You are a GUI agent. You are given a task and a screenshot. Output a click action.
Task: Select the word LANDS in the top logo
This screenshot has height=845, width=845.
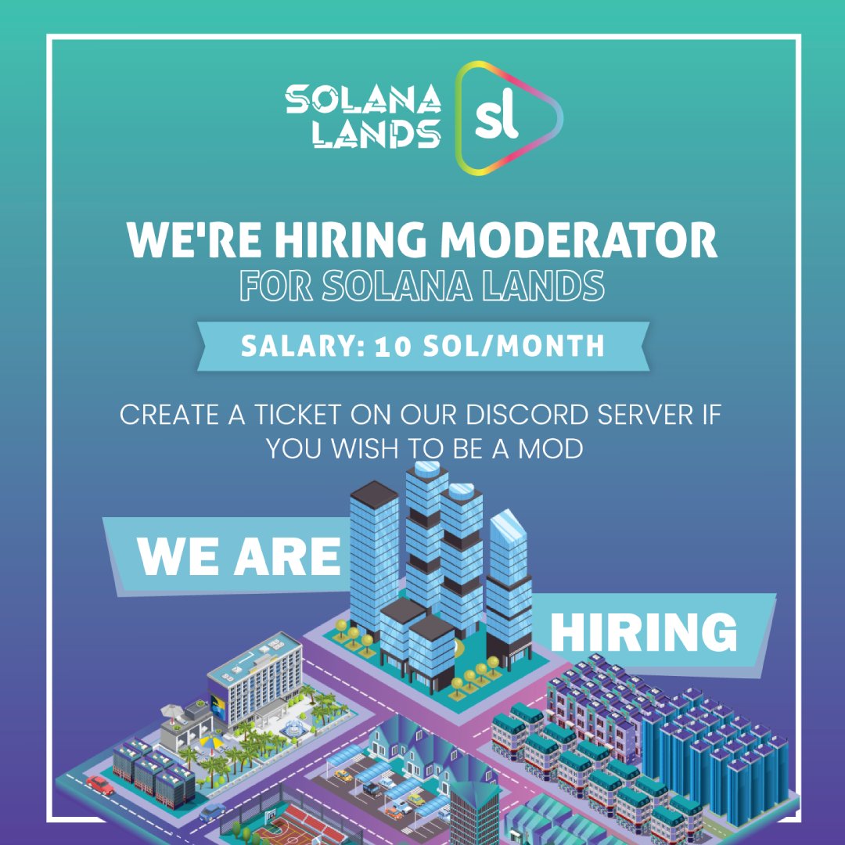point(375,134)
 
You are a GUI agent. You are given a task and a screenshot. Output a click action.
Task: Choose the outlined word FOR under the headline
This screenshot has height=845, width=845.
point(276,286)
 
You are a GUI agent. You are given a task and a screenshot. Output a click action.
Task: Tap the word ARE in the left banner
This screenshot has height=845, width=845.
point(291,557)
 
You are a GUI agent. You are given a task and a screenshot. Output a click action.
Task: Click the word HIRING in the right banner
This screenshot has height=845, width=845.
point(643,631)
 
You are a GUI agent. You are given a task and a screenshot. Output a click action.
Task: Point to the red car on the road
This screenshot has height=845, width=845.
point(100,784)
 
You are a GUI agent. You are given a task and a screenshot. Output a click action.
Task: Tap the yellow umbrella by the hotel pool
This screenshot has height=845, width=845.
point(210,740)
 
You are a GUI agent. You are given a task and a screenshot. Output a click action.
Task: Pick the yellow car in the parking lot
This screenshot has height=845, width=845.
point(343,776)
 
